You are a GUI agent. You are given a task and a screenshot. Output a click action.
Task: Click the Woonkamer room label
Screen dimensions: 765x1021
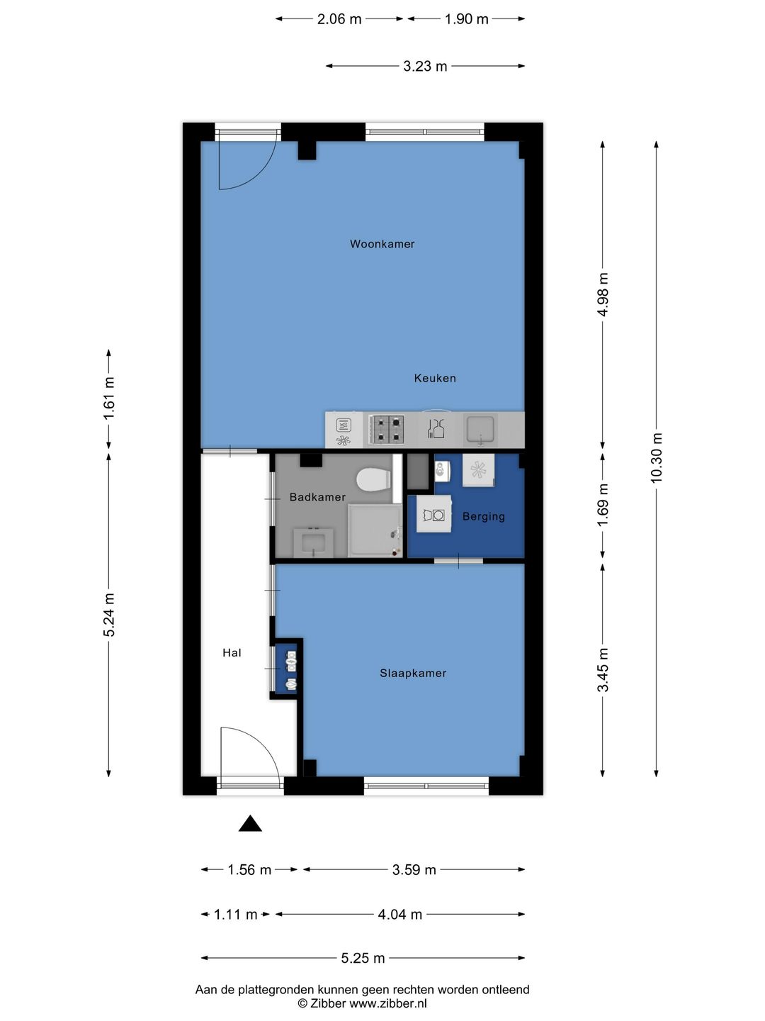point(382,244)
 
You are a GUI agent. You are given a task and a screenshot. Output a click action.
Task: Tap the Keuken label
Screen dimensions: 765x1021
point(435,378)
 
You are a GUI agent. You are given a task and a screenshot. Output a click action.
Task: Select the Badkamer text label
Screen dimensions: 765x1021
point(317,497)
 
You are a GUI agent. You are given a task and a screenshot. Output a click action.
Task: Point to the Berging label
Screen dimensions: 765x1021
point(484,516)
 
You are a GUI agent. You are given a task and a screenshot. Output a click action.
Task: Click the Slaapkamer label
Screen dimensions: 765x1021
point(413,673)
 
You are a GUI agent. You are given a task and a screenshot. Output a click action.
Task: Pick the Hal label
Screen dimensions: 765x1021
point(232,652)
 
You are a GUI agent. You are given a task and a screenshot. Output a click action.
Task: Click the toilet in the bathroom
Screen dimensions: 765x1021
point(373,479)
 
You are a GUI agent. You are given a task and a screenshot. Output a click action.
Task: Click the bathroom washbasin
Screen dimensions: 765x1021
point(314,542)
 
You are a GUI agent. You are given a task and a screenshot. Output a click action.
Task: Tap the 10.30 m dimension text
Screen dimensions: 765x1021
point(656,458)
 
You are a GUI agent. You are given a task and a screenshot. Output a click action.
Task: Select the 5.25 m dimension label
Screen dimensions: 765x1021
point(363,958)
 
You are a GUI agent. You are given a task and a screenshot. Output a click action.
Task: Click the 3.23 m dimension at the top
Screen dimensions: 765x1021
point(425,66)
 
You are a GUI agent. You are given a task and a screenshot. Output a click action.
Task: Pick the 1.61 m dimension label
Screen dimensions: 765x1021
point(108,398)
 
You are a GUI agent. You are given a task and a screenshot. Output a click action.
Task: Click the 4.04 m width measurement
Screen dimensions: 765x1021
point(400,915)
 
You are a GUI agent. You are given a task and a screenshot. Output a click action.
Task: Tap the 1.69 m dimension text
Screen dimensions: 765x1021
point(602,505)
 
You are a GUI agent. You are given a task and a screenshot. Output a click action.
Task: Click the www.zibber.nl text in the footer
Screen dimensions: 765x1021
point(388,1003)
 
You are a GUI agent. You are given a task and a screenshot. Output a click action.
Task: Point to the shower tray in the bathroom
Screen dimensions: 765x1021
point(375,531)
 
